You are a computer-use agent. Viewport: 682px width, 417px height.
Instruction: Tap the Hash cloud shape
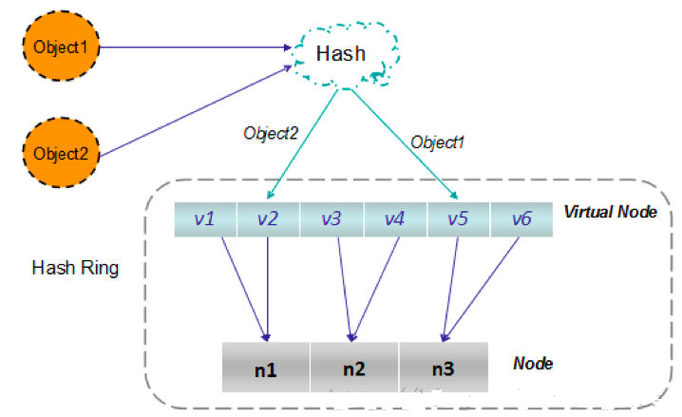340,54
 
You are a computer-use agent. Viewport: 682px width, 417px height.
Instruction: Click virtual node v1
205,218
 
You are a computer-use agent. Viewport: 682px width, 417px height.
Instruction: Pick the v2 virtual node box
268,218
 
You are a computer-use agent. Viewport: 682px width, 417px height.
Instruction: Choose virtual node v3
332,218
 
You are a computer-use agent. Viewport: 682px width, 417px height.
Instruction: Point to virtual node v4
395,218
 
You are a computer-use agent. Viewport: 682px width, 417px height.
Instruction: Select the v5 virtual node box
458,218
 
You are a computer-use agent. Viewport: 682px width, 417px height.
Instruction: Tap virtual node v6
521,218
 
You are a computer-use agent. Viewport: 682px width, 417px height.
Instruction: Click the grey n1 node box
266,367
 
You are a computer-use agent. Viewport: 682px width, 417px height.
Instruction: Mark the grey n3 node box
444,367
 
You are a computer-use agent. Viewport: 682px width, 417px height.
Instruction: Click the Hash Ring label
75,268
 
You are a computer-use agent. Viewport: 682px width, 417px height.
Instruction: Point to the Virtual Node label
611,212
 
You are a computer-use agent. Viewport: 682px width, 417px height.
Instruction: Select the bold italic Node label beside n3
533,363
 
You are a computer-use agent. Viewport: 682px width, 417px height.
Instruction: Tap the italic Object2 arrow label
271,134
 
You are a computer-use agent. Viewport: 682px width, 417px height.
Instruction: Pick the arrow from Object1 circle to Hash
190,46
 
